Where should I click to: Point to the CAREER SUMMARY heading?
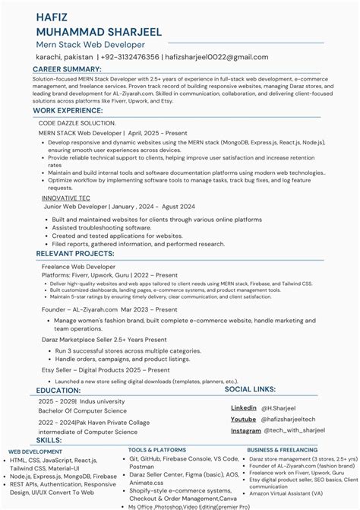68,69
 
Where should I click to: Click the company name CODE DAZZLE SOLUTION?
77,122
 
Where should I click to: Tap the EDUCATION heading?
57,391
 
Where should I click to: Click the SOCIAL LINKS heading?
250,389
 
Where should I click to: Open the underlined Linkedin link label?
243,408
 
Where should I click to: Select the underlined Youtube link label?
243,419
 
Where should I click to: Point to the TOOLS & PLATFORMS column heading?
156,450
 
